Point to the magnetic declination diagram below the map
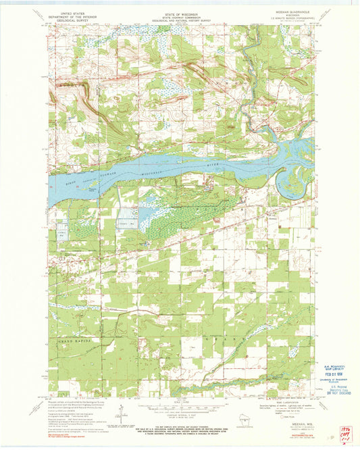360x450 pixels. (122, 411)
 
